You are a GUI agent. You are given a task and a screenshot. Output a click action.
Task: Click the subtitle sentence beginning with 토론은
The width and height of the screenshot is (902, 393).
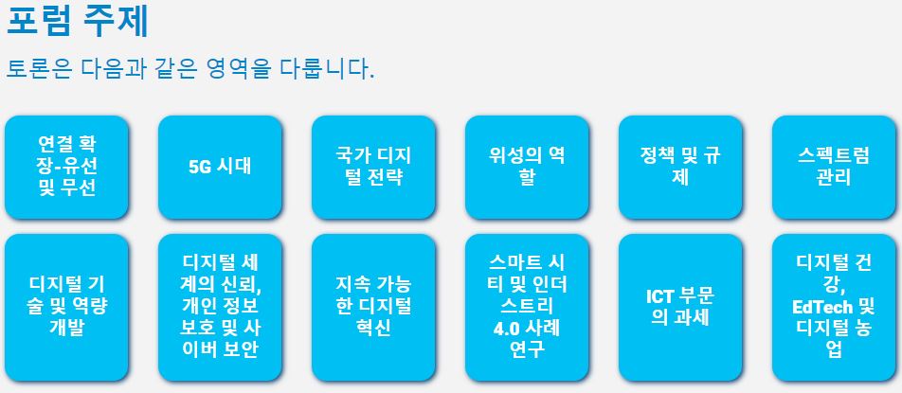pyautogui.click(x=190, y=69)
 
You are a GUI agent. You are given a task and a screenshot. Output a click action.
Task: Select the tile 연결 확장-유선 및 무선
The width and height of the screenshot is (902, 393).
pyautogui.click(x=66, y=168)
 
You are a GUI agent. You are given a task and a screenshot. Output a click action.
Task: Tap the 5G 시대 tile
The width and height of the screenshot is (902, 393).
pyautogui.click(x=221, y=168)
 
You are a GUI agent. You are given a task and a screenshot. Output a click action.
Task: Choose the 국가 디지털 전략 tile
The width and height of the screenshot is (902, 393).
pyautogui.click(x=374, y=168)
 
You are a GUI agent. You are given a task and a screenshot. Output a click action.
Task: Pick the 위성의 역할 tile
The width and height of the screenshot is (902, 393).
pyautogui.click(x=528, y=168)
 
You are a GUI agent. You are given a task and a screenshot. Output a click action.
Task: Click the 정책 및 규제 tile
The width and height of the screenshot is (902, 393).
pyautogui.click(x=680, y=168)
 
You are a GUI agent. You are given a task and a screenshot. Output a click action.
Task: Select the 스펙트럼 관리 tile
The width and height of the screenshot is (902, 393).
pyautogui.click(x=834, y=168)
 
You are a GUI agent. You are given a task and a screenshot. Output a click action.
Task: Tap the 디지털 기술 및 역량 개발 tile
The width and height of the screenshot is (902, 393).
pyautogui.click(x=66, y=308)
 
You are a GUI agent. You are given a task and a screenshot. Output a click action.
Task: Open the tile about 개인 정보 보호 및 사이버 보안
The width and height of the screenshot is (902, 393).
pyautogui.click(x=221, y=308)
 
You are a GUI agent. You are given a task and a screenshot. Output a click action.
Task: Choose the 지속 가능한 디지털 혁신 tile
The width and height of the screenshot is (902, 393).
pyautogui.click(x=374, y=308)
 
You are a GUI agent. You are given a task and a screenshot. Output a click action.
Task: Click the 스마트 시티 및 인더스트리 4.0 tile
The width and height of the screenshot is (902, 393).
pyautogui.click(x=528, y=308)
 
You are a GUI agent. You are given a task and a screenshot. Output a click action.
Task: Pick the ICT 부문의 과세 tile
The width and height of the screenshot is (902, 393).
pyautogui.click(x=680, y=308)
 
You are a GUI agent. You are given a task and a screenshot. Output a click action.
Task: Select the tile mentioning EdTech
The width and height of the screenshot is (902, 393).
pyautogui.click(x=834, y=308)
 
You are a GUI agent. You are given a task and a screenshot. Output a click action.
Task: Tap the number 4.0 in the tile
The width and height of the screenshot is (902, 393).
pyautogui.click(x=506, y=330)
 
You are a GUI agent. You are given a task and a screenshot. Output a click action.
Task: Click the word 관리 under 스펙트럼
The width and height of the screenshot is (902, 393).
pyautogui.click(x=834, y=177)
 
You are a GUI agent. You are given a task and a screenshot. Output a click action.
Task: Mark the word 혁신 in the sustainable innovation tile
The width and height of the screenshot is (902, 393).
pyautogui.click(x=374, y=328)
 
